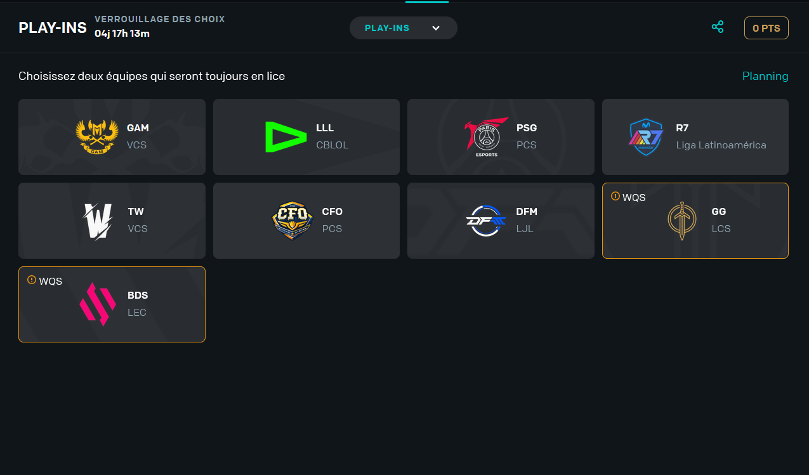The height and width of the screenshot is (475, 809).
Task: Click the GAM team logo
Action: click(97, 136)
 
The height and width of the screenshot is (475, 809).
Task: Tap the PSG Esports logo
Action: click(486, 136)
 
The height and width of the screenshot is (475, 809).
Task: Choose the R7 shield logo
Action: click(646, 136)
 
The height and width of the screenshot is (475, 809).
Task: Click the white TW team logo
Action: click(98, 221)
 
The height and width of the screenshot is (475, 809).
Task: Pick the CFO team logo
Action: click(293, 221)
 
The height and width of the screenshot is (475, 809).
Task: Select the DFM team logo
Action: click(485, 221)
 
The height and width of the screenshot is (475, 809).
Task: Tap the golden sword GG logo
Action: click(681, 221)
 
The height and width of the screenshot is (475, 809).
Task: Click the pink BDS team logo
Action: click(97, 304)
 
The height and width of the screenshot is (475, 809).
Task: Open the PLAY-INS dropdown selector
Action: click(403, 28)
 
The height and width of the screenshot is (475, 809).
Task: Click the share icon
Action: click(718, 27)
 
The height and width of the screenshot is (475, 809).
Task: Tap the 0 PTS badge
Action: click(766, 28)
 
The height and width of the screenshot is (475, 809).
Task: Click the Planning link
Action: click(765, 76)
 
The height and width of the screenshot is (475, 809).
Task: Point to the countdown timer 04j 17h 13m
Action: click(122, 33)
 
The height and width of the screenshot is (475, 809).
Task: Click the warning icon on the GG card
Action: click(615, 197)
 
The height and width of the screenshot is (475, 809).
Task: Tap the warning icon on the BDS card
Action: click(32, 280)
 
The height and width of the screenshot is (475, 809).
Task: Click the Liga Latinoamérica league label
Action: click(721, 145)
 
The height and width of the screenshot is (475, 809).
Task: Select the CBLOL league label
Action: click(332, 145)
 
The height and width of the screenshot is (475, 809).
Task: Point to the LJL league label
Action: click(525, 229)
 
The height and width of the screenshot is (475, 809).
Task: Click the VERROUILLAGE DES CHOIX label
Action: click(159, 19)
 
